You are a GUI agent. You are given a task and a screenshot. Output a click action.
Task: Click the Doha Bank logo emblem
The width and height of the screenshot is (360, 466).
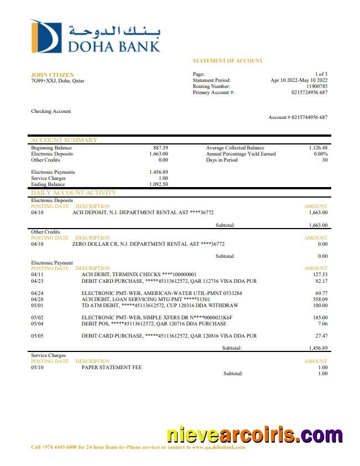[46, 37]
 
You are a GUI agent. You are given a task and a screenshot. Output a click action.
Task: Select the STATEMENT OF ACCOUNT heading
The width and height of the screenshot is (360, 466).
[227, 61]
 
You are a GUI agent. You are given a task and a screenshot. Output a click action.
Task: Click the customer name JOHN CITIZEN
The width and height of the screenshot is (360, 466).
[52, 75]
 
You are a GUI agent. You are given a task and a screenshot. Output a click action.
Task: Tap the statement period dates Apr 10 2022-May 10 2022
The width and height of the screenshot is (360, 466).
[299, 80]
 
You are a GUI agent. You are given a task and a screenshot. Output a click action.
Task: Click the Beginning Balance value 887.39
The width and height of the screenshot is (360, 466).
[160, 148]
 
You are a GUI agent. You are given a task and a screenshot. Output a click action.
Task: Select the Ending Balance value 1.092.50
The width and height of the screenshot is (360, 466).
[158, 184]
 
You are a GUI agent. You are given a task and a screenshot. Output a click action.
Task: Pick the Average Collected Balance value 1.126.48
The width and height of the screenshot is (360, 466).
[318, 148]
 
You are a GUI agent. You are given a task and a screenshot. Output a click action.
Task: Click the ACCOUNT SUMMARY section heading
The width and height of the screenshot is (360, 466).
[64, 141]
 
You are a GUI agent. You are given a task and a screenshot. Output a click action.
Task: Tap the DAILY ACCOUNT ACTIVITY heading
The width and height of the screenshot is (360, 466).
[74, 193]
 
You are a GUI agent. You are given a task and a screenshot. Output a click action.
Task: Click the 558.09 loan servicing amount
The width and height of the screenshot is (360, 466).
[319, 299]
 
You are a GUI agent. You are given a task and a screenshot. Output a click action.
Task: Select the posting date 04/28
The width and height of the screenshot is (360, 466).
[37, 299]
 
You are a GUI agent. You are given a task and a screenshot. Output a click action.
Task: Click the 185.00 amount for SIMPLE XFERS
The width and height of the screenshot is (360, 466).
[319, 318]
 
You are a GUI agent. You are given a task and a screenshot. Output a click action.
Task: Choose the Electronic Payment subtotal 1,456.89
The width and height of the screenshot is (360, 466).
[318, 348]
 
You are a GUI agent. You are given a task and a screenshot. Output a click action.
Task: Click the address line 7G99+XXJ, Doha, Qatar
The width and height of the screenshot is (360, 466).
[58, 81]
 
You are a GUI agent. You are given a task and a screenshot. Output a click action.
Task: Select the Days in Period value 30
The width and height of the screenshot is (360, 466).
[325, 160]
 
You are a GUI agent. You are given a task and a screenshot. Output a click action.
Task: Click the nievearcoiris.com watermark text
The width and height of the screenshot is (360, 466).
[254, 436]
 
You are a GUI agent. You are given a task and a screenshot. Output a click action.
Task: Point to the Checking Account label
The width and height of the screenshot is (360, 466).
[51, 111]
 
